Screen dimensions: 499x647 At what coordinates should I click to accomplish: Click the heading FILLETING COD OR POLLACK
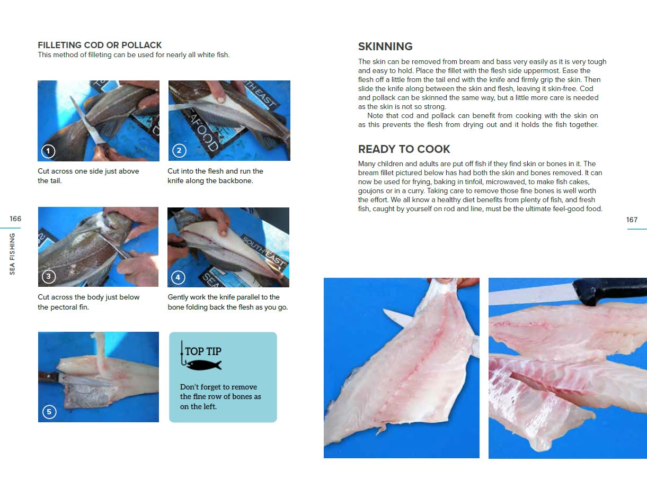pos(100,46)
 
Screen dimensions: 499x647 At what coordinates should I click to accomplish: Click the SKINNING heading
pos(385,47)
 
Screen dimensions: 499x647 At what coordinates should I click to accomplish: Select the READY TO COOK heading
pos(404,149)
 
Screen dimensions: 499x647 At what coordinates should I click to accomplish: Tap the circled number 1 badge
pos(48,151)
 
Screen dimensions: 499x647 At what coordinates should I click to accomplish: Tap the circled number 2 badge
pos(179,151)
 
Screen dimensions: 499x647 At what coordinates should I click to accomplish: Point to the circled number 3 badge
pos(49,277)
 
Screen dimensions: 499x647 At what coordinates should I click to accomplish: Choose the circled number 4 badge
pos(178,277)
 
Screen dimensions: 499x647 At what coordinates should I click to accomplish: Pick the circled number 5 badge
pos(49,412)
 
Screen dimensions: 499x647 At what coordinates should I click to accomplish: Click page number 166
pos(15,219)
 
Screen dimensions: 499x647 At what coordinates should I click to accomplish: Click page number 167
pos(632,220)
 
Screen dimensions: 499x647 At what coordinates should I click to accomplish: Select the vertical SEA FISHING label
pos(12,253)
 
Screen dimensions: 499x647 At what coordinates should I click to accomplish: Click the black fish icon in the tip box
pos(204,365)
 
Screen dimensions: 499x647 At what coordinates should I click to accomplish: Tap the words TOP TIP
pos(203,351)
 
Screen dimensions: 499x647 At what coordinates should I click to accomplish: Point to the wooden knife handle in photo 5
pos(47,377)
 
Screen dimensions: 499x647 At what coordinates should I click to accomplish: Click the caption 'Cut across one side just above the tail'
pos(88,176)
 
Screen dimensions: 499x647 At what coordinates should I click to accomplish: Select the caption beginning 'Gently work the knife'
pos(227,302)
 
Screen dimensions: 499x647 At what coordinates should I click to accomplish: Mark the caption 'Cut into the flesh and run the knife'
pos(215,176)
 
